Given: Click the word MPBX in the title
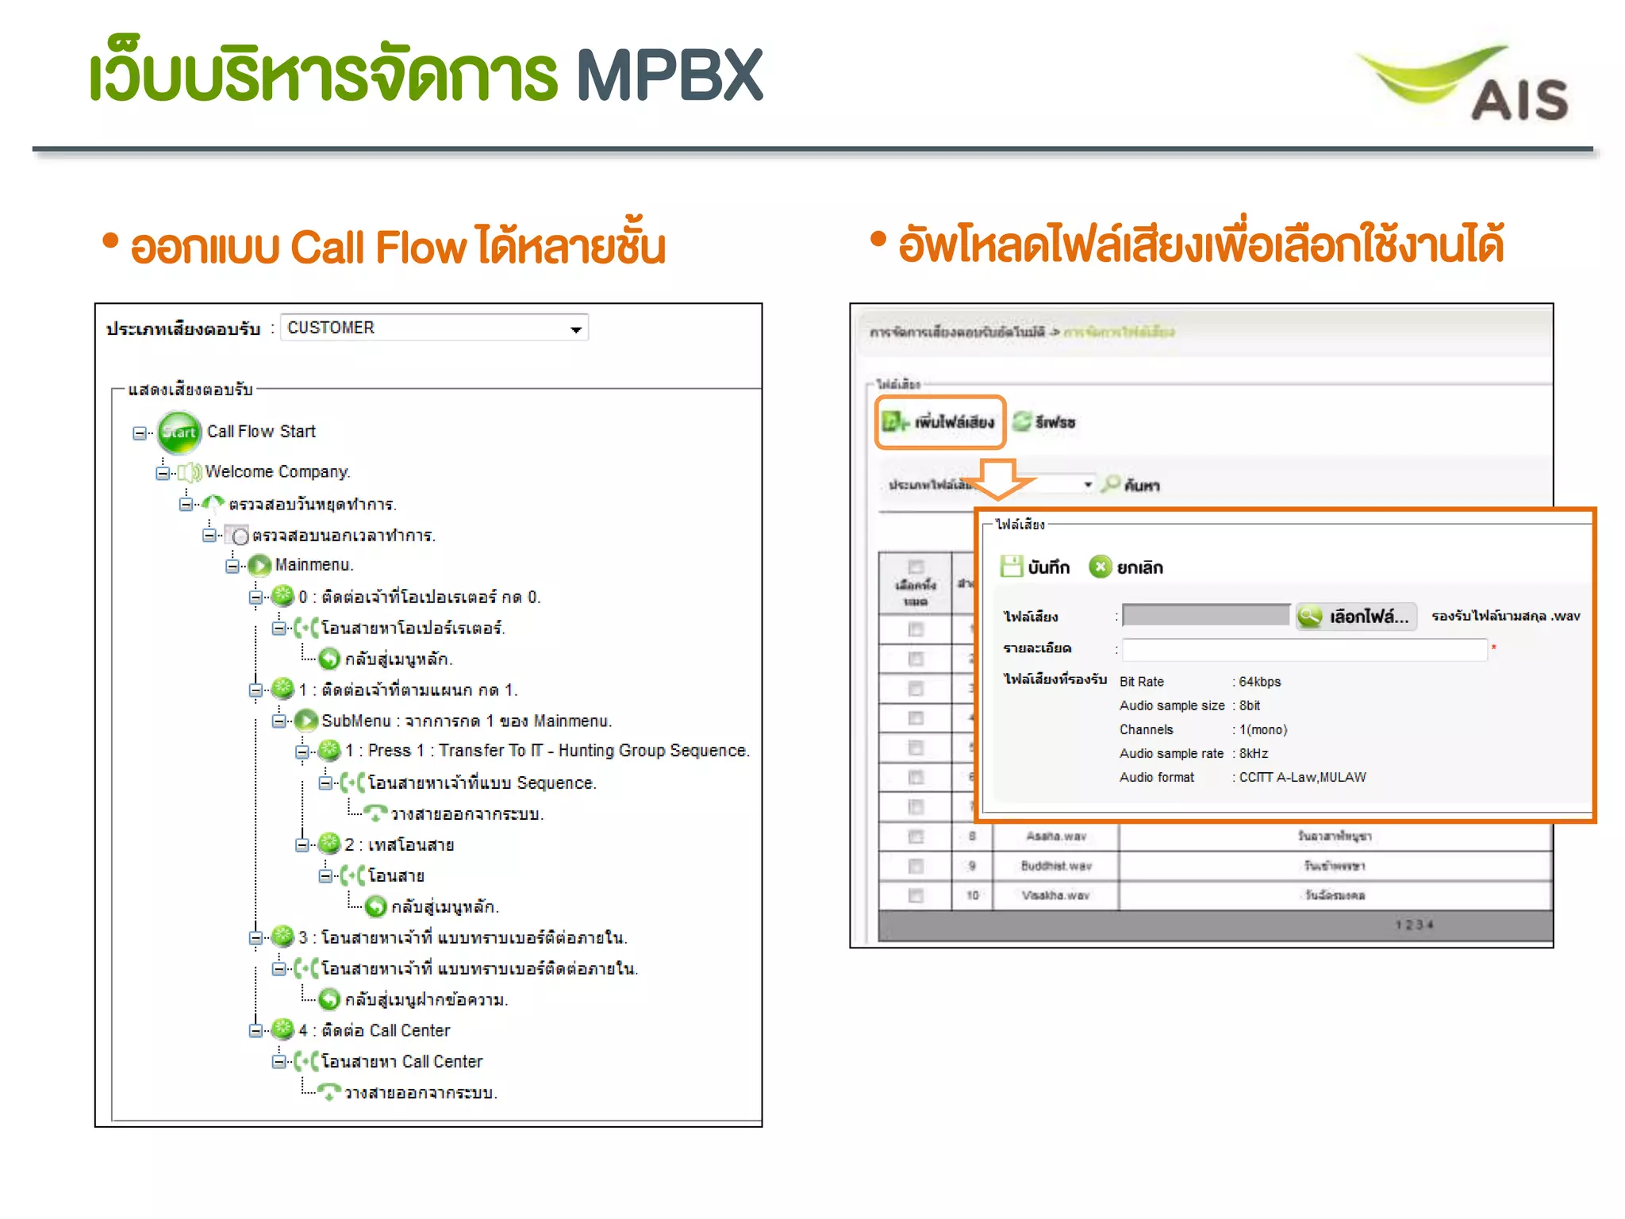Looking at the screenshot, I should click(x=669, y=75).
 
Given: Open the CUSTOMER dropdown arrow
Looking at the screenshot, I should click(x=576, y=329).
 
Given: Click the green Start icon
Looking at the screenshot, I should click(x=179, y=432).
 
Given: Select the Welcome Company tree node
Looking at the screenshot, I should click(x=277, y=472).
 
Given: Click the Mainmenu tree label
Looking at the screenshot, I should click(x=313, y=565).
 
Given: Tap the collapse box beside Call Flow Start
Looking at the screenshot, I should click(x=140, y=433).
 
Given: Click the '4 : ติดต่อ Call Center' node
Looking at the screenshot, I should click(x=374, y=1031).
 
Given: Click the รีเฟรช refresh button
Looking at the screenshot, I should click(x=1045, y=422).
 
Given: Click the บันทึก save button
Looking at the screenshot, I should click(x=1035, y=567).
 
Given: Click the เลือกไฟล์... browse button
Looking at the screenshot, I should click(x=1355, y=617).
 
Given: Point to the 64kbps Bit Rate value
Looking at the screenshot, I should click(x=1260, y=682).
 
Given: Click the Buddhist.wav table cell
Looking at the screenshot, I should click(x=1055, y=866).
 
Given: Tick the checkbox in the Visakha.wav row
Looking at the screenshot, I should click(x=916, y=896).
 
